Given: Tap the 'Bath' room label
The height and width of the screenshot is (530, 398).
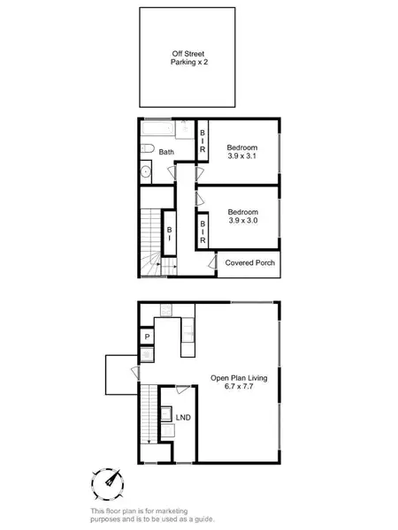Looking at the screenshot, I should click(167, 152).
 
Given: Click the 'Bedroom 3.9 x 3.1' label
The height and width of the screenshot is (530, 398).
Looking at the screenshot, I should click(241, 151).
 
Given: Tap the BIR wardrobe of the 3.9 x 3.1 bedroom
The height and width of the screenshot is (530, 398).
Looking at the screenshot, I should click(202, 143).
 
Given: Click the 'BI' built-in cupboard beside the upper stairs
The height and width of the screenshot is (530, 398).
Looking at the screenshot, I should click(169, 233).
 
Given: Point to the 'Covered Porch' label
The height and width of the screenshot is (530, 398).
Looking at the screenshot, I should click(249, 263).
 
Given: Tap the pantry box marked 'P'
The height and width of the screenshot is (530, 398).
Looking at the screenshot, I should click(147, 337).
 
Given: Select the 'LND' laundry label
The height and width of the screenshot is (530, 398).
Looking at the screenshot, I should click(183, 417).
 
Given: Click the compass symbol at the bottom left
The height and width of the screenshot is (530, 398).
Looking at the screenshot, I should click(107, 483).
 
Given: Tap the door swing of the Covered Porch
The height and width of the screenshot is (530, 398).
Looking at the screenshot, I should click(212, 262).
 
